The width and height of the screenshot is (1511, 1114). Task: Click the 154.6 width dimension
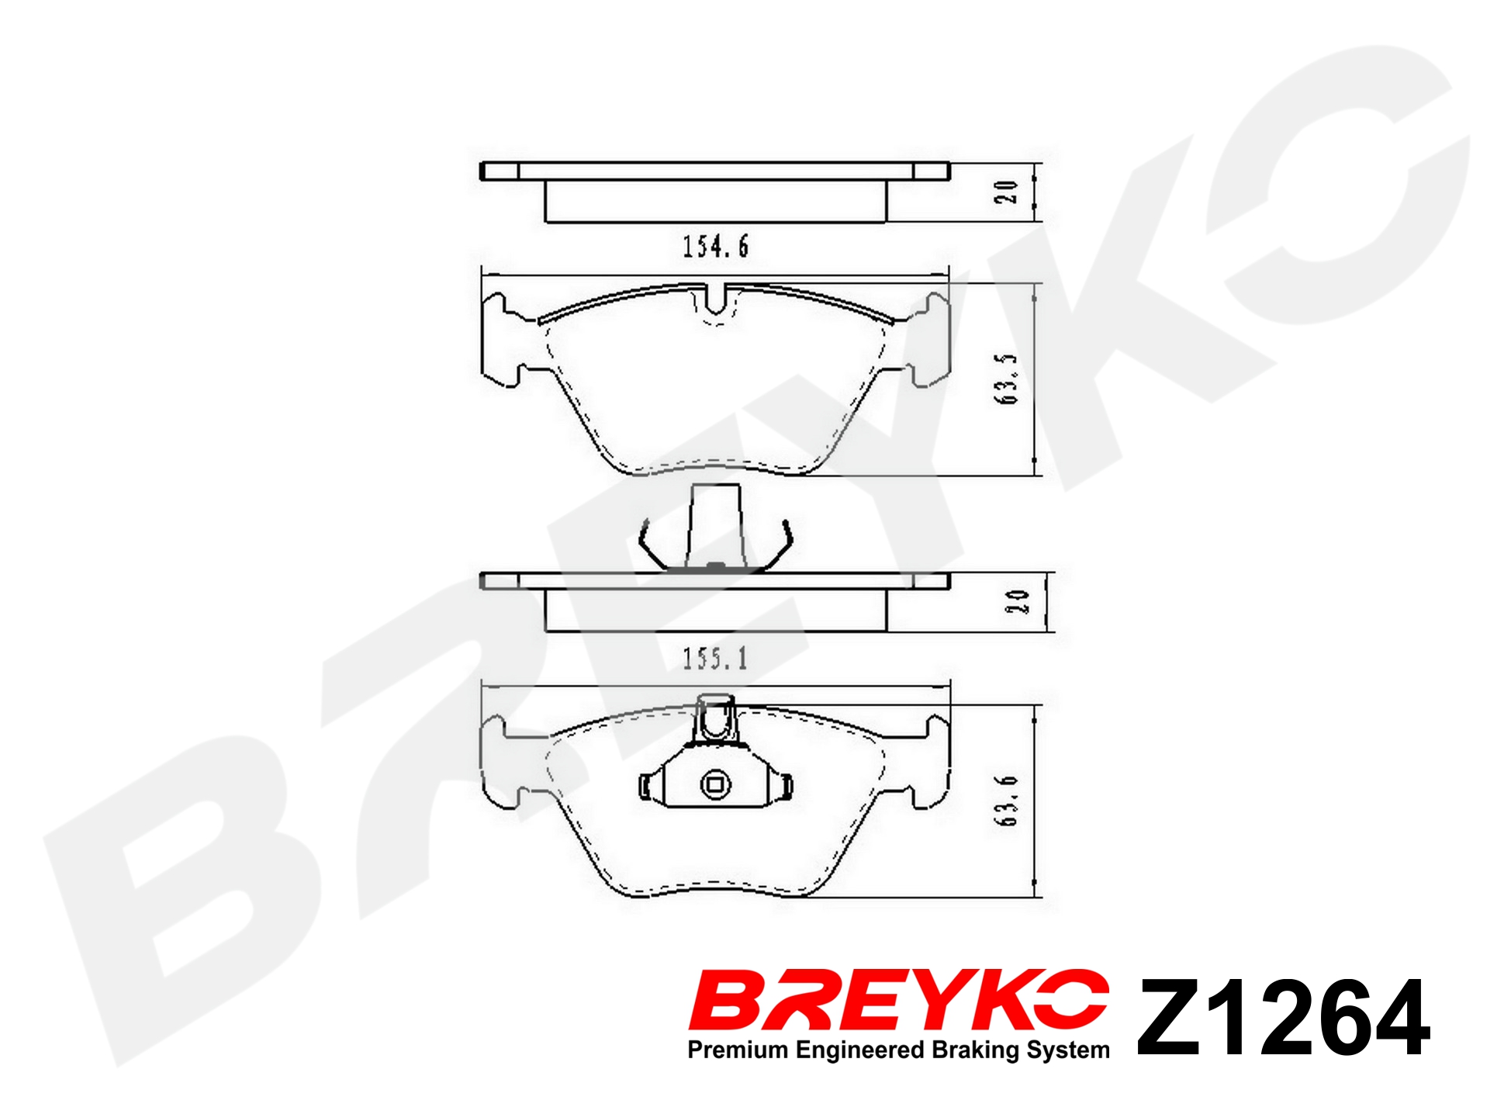click(715, 247)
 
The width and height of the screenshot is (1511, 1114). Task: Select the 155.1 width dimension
click(715, 659)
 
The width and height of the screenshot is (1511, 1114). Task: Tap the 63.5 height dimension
click(1006, 379)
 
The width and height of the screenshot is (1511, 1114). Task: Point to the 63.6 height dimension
click(1006, 801)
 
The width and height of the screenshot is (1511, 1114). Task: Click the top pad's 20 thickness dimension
click(1006, 192)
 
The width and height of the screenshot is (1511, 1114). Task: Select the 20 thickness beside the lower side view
click(1017, 601)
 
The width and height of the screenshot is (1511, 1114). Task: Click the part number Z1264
click(1284, 1017)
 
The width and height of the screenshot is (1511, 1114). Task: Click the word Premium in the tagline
click(738, 1050)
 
